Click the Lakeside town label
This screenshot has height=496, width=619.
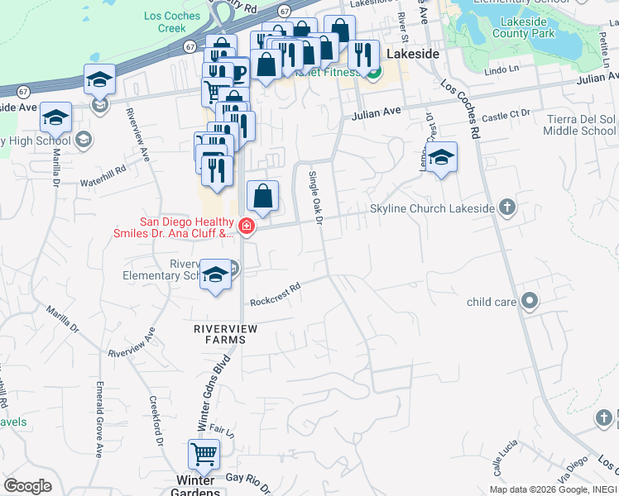tap(411, 53)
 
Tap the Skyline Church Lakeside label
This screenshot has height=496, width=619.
tap(432, 209)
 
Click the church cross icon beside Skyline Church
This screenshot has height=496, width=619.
tap(507, 208)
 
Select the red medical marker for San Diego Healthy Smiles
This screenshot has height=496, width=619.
tap(246, 226)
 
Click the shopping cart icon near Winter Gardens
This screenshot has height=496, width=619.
tap(204, 454)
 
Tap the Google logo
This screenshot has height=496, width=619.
tap(27, 485)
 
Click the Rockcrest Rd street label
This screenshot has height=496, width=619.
tap(275, 296)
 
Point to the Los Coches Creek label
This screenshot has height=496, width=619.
tap(171, 22)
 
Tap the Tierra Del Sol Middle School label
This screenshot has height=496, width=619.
tap(581, 125)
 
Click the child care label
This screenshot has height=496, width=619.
tap(492, 302)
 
